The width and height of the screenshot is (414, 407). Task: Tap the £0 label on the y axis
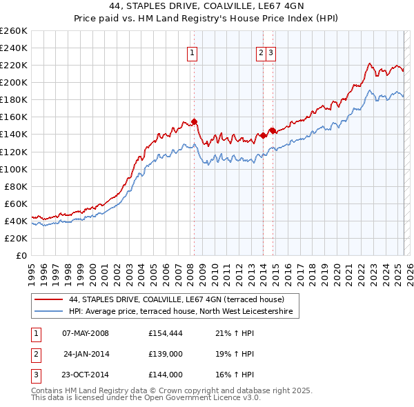pos(20,255)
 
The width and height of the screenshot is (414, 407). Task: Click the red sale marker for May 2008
pos(194,121)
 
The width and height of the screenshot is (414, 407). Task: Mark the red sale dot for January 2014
pos(264,135)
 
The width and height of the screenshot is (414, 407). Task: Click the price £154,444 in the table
pos(165,334)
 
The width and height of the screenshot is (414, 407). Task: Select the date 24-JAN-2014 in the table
pos(86,355)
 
